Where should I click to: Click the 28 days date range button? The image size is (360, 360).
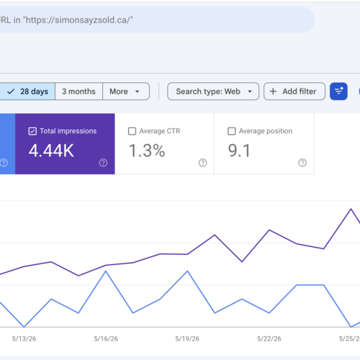pyautogui.click(x=27, y=91)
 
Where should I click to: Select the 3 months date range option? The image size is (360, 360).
pyautogui.click(x=78, y=91)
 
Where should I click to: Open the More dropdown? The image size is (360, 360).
pyautogui.click(x=126, y=91)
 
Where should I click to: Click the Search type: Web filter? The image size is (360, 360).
pyautogui.click(x=213, y=91)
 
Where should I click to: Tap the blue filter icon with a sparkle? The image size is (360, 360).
pyautogui.click(x=338, y=91)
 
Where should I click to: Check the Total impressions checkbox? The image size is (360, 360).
pyautogui.click(x=32, y=131)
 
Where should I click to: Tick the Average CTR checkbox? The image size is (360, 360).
pyautogui.click(x=132, y=131)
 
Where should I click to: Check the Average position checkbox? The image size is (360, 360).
pyautogui.click(x=232, y=131)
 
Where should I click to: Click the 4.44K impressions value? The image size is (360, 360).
pyautogui.click(x=51, y=150)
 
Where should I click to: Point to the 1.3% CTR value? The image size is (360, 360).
pyautogui.click(x=147, y=150)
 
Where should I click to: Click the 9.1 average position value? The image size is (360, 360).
pyautogui.click(x=239, y=150)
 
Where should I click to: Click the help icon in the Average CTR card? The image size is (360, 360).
pyautogui.click(x=203, y=163)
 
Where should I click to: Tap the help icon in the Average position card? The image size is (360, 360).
pyautogui.click(x=302, y=163)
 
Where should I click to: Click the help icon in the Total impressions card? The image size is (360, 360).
pyautogui.click(x=103, y=163)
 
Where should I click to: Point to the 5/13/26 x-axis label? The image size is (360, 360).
pyautogui.click(x=24, y=338)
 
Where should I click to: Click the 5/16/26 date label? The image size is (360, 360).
pyautogui.click(x=106, y=338)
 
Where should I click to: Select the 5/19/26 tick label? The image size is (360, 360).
pyautogui.click(x=187, y=338)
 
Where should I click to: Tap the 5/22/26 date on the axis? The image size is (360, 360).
pyautogui.click(x=269, y=338)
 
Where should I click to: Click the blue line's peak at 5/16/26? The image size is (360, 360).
pyautogui.click(x=106, y=271)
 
